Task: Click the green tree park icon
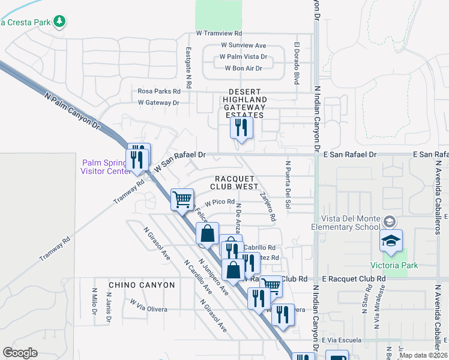pos(59,22)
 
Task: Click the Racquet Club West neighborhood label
pos(236,182)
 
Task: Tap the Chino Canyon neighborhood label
pos(142,284)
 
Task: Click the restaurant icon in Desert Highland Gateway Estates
pos(241,128)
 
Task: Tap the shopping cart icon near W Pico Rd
pos(182,200)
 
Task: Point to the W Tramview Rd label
pos(219,34)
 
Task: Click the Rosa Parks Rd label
pos(159,91)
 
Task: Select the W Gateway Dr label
pos(158,103)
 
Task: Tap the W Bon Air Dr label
pos(245,68)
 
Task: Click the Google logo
pos(20,353)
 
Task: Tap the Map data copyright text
pos(423,355)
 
